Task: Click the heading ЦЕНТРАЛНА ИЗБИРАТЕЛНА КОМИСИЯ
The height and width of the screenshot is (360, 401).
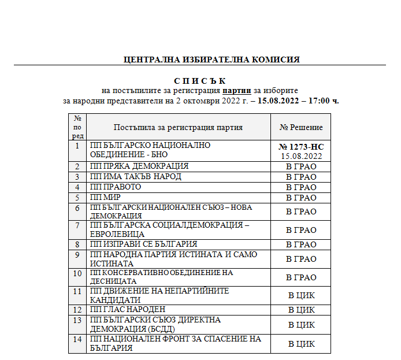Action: point(211,60)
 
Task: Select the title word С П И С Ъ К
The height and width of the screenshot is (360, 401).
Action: point(200,81)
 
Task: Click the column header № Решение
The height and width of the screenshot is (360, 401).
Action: point(301,127)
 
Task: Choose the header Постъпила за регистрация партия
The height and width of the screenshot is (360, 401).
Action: point(178,127)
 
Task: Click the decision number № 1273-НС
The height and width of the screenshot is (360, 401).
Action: point(301,147)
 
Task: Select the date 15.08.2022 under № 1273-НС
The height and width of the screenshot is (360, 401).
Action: point(301,156)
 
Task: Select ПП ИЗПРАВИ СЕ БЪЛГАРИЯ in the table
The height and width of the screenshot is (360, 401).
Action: point(144,244)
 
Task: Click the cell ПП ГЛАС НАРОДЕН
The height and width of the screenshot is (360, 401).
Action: point(128,310)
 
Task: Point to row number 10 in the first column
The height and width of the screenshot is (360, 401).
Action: point(78,273)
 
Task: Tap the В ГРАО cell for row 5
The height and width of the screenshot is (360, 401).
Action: point(301,198)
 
